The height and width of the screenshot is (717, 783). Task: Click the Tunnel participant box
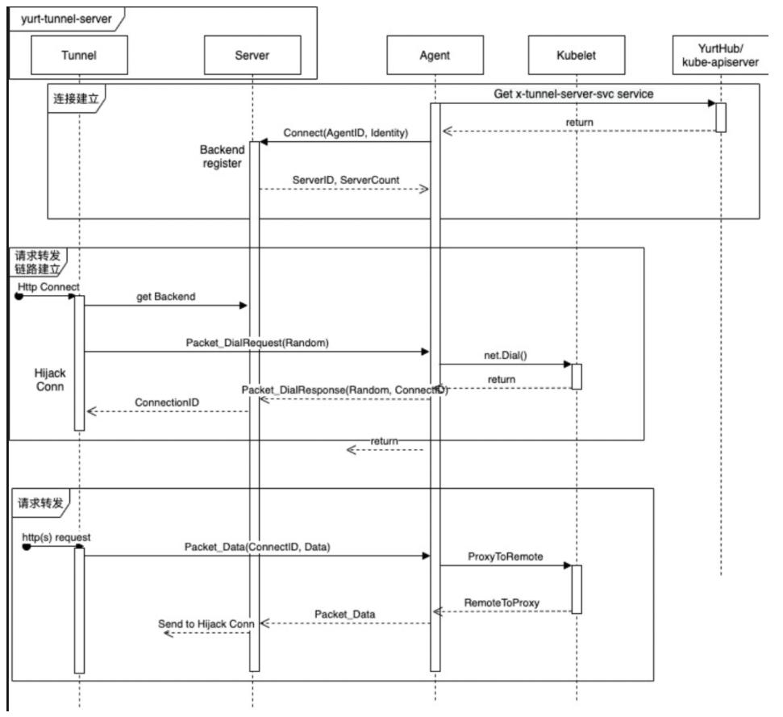(x=80, y=56)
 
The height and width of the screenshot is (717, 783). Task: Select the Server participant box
(x=252, y=56)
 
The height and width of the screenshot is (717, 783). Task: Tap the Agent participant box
(x=435, y=56)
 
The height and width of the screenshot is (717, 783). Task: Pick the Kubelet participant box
(x=576, y=56)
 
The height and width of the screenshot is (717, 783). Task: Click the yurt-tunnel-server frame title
(x=55, y=16)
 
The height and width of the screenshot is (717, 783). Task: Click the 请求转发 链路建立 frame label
(x=38, y=261)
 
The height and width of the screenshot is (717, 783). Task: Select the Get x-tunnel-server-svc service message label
(x=573, y=94)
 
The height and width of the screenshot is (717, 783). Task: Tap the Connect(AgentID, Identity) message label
(x=346, y=131)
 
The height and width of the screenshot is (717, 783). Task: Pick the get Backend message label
(x=165, y=296)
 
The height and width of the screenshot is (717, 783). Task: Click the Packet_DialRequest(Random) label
(x=257, y=342)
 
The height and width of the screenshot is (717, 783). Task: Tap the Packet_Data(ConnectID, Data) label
(x=257, y=546)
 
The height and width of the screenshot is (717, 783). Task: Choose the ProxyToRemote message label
(x=505, y=557)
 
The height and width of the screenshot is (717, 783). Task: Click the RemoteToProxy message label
(x=502, y=602)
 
